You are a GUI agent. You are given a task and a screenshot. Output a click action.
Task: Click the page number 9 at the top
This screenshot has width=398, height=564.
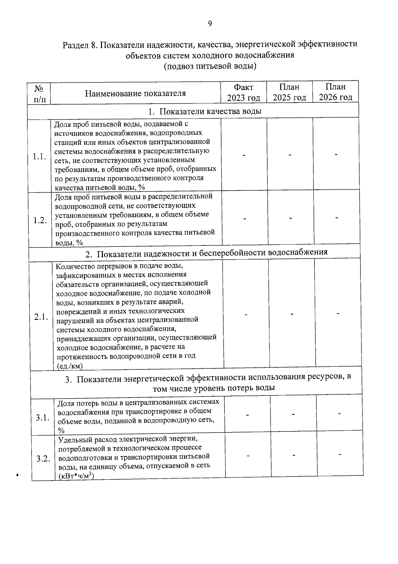coord(210,24)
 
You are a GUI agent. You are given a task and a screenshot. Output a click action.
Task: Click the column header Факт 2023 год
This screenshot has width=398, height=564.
coord(243,92)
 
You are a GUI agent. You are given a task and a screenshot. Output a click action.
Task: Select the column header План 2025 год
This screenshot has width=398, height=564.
coord(289,92)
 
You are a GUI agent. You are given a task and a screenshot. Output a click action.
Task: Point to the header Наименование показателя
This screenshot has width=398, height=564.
coord(135,93)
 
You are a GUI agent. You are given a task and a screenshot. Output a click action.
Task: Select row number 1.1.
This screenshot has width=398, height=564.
coord(39,156)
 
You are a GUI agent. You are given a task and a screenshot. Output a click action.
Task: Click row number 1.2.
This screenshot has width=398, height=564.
coord(40,221)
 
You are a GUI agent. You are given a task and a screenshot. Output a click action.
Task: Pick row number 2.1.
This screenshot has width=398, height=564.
coord(41,317)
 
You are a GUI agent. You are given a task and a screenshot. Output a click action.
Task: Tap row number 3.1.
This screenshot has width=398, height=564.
coord(43,418)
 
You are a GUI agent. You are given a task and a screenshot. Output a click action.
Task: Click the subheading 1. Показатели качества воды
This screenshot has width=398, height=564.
coord(205,111)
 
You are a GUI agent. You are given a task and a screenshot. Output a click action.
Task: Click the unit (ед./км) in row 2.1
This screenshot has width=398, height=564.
coord(69,366)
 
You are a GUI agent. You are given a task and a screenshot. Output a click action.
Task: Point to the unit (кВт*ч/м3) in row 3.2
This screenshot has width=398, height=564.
coord(76,476)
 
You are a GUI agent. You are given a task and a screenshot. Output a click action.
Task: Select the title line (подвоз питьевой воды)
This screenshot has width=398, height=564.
coord(210,66)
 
